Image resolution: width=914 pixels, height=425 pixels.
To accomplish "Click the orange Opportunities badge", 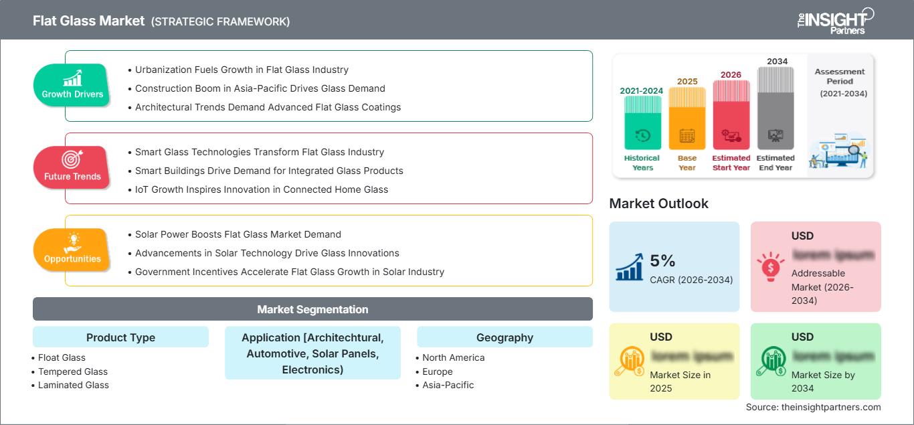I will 72,250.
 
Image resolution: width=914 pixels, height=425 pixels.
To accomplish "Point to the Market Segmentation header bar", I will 312,309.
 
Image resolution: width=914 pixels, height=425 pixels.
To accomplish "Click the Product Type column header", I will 120,337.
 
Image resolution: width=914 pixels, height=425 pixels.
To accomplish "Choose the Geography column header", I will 505,337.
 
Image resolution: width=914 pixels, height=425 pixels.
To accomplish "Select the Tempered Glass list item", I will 73,371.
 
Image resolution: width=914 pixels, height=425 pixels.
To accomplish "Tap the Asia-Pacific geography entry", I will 448,385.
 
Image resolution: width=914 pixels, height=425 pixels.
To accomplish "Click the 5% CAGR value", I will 662,260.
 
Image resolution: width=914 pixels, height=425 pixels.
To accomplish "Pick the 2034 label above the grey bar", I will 777,62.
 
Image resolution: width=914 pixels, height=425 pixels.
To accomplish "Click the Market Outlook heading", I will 658,203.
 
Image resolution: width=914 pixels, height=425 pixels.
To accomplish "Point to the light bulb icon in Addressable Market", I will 769,266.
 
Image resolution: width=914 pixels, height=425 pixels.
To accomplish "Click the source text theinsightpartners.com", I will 813,407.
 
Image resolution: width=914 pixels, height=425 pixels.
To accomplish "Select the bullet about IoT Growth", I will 261,189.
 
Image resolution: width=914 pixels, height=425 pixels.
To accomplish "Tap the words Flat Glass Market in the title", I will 88,21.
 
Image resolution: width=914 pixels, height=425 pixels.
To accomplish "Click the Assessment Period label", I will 840,76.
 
